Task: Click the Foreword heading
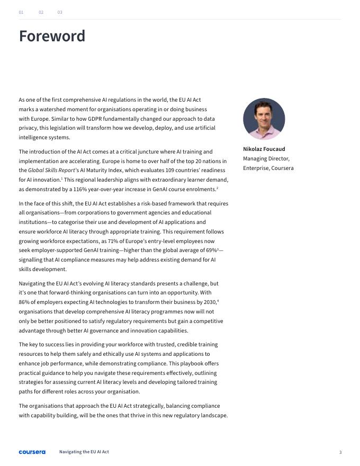[x=52, y=36]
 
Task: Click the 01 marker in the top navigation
[x=21, y=12]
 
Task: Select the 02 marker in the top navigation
[x=41, y=12]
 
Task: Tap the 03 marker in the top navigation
[x=60, y=12]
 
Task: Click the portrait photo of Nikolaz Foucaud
[x=264, y=119]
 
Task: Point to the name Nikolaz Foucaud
[x=264, y=149]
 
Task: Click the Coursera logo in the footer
[x=32, y=452]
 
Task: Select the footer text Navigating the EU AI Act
[x=84, y=452]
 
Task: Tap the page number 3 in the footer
[x=340, y=452]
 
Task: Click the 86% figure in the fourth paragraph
[x=24, y=302]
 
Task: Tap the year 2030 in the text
[x=210, y=302]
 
